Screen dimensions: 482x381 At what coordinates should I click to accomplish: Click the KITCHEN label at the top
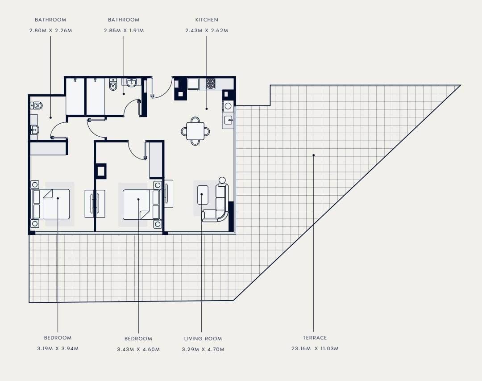pos(207,20)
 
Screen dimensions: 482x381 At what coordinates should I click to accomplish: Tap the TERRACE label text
pos(315,338)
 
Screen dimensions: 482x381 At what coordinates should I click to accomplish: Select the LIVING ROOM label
pos(203,339)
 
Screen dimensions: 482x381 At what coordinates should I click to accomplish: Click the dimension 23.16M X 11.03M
pos(315,348)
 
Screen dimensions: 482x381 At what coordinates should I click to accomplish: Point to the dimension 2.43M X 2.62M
pos(207,30)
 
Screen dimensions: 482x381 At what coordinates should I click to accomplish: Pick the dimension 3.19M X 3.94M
pos(58,348)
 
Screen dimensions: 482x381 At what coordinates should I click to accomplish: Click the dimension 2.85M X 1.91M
pos(124,30)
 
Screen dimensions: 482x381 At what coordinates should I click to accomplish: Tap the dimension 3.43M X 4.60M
pos(138,349)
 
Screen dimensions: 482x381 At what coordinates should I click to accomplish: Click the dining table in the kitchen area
pos(195,131)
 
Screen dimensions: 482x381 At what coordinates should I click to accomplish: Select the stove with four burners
pos(211,84)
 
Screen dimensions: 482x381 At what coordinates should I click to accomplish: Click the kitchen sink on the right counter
pos(228,120)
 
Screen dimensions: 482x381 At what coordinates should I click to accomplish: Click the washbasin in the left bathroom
pos(34,130)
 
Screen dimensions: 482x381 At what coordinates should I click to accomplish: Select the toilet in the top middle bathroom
pos(113,84)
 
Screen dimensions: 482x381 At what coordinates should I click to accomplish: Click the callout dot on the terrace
pos(314,155)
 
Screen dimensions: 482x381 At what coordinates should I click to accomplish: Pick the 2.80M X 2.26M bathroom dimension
pos(51,30)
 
